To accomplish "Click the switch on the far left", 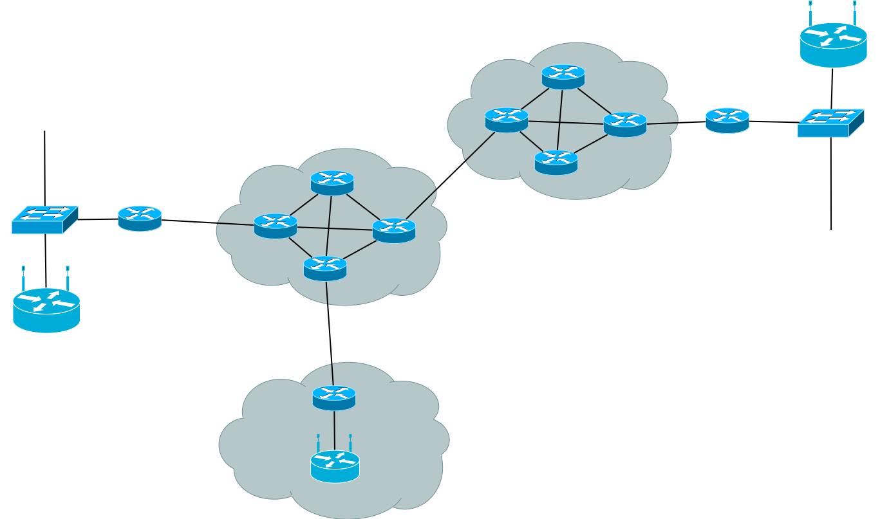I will point(44,219).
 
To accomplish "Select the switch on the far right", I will point(830,123).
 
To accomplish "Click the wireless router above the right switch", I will point(833,44).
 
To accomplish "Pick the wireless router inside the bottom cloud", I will point(335,465).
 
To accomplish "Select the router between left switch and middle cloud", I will point(140,219).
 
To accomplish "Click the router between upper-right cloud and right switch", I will point(727,121).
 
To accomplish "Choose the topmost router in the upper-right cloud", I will point(563,77).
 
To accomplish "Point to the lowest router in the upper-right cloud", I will point(556,163).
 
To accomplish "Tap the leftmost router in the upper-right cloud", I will point(507,120).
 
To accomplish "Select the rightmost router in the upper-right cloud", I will point(625,125).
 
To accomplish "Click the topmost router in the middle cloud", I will point(332,183).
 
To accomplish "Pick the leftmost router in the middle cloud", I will point(276,226).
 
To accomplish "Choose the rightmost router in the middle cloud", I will point(394,231).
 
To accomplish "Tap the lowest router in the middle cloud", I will point(325,269).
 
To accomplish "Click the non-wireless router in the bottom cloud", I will point(334,398).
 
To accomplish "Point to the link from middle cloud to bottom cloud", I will point(330,333).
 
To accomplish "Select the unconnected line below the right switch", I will point(831,187).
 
